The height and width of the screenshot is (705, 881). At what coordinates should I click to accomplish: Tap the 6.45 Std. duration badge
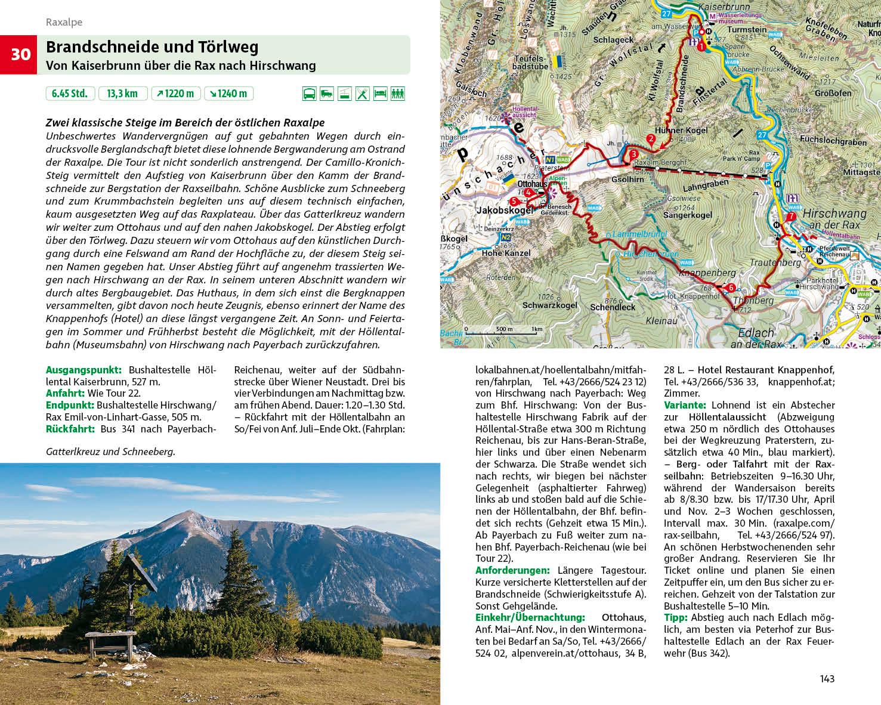(70, 94)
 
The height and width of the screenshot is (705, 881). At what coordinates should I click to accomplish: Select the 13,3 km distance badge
(122, 94)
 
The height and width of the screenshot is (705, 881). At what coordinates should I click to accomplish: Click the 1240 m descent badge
(228, 94)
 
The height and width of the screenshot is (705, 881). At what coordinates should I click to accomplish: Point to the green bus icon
(310, 94)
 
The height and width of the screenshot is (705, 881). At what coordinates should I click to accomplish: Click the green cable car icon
(345, 94)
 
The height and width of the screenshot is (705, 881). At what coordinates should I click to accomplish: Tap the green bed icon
(380, 94)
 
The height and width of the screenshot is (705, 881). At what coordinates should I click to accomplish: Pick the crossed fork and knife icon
(362, 94)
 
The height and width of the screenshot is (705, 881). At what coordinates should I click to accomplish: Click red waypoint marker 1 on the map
(701, 46)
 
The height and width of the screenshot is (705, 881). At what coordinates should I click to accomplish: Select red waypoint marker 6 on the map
(731, 288)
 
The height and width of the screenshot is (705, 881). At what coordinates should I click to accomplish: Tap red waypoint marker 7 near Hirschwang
(791, 217)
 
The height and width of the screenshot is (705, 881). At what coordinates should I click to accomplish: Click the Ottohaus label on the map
(532, 184)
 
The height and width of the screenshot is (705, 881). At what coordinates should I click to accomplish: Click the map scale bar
(504, 329)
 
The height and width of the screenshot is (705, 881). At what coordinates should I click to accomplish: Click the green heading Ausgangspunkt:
(84, 370)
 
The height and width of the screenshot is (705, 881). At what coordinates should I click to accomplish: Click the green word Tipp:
(675, 618)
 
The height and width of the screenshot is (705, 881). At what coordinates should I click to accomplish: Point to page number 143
(827, 679)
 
